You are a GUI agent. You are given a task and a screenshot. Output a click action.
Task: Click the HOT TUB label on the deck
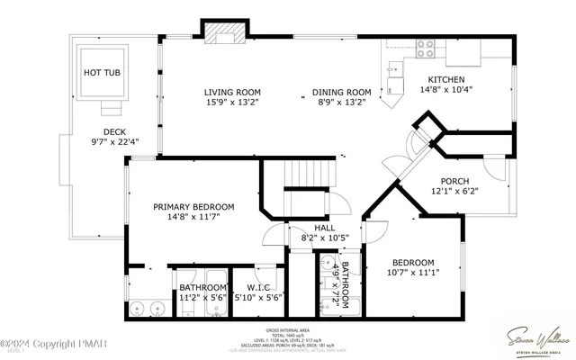pos(102,72)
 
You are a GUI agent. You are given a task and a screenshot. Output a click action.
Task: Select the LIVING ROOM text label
pos(232,92)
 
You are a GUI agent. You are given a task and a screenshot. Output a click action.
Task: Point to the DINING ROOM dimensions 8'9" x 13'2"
pos(341,103)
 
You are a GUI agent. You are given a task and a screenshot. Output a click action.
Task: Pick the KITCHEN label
pos(446,78)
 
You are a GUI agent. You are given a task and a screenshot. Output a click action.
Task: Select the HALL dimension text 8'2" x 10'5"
pos(325,238)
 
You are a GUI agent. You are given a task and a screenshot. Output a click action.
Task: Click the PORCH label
pos(455,180)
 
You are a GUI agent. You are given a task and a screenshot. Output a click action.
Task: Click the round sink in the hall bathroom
pos(324,265)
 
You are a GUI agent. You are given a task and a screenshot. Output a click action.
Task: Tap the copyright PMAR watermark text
pos(42,343)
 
